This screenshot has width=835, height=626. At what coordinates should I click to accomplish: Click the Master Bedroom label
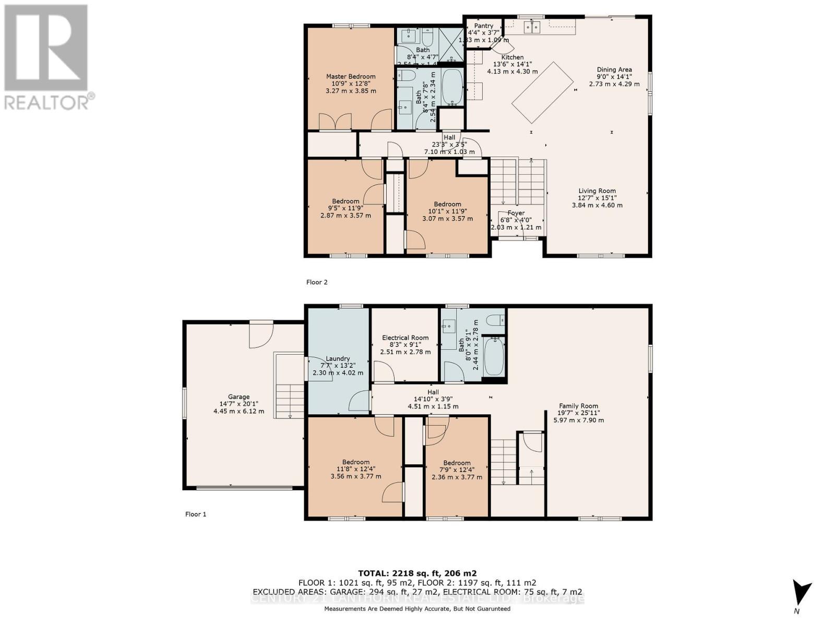click(351, 77)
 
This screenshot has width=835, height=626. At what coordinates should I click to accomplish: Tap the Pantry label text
click(484, 26)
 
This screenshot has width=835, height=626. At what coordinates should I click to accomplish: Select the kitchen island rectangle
click(542, 92)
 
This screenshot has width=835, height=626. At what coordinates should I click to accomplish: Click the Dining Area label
click(614, 69)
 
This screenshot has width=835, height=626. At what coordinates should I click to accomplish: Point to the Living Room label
click(597, 191)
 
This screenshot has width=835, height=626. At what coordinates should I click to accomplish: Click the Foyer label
click(516, 213)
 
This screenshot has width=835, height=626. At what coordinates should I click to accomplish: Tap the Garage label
click(238, 397)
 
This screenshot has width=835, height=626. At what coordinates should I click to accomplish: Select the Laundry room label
click(338, 358)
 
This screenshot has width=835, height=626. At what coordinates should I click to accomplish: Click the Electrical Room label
click(405, 338)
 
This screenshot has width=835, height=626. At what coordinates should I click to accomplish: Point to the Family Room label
click(578, 406)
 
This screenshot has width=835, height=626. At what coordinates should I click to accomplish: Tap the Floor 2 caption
click(317, 282)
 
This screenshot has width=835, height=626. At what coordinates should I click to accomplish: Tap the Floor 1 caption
click(196, 514)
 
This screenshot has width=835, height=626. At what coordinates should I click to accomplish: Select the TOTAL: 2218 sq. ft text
click(417, 573)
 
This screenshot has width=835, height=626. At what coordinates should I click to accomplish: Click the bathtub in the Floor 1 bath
click(494, 356)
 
